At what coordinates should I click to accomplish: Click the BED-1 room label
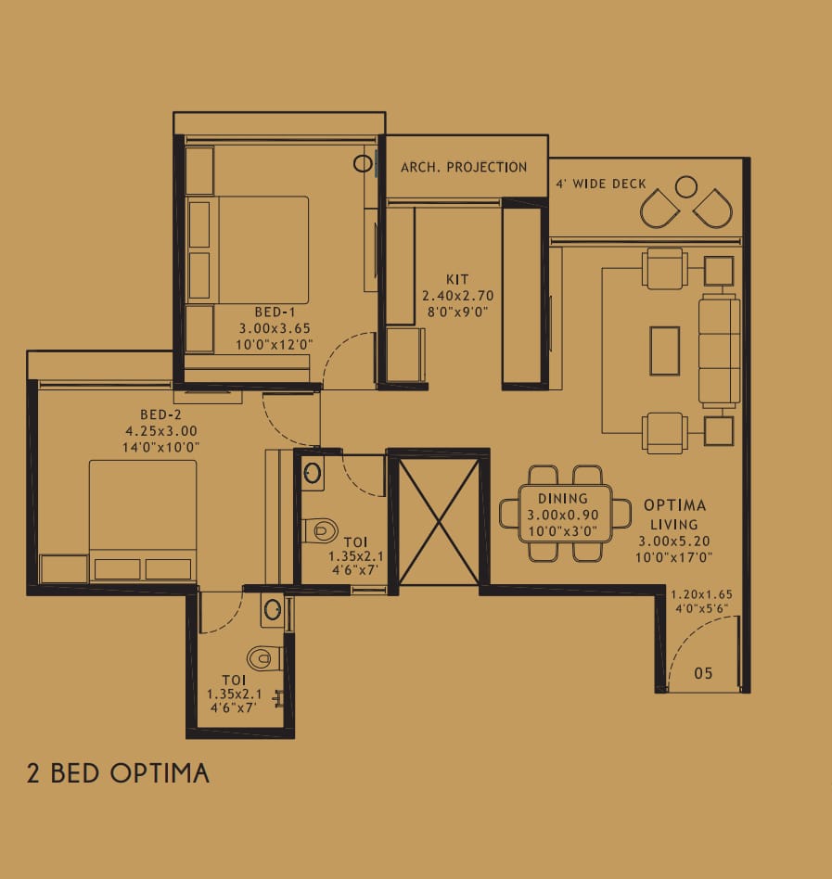click(275, 312)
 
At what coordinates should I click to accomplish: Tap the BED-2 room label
click(160, 414)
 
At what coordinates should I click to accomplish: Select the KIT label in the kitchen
click(457, 279)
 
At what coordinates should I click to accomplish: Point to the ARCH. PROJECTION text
click(464, 167)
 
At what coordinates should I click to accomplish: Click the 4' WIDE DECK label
click(601, 184)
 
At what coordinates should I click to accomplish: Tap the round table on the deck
click(686, 186)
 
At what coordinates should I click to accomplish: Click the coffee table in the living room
click(665, 350)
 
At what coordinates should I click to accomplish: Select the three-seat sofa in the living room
click(720, 350)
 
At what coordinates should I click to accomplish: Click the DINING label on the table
click(563, 498)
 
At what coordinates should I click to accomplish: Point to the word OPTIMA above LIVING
click(674, 505)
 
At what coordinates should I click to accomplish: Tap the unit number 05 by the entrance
click(703, 673)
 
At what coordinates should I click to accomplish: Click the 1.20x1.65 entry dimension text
click(701, 594)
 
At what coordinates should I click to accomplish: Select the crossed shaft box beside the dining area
click(439, 522)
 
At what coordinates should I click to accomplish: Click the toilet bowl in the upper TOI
click(321, 530)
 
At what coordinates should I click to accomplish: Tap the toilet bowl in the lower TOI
click(264, 658)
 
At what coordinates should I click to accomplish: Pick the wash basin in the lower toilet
click(273, 610)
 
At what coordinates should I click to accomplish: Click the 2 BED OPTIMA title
click(118, 773)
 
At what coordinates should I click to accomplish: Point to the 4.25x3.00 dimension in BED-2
click(161, 431)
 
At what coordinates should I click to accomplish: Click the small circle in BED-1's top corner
click(364, 164)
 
